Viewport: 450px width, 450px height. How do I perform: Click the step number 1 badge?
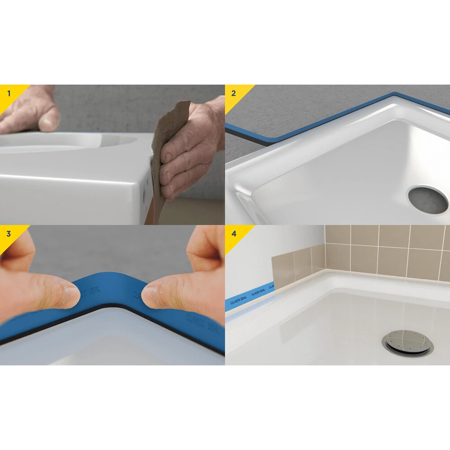(x=9, y=94)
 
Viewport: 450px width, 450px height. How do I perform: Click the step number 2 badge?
(x=233, y=94)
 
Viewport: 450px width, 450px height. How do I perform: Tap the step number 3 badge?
(x=9, y=234)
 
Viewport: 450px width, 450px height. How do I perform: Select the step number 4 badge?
(x=233, y=234)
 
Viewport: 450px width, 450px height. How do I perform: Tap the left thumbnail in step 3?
(x=71, y=296)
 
